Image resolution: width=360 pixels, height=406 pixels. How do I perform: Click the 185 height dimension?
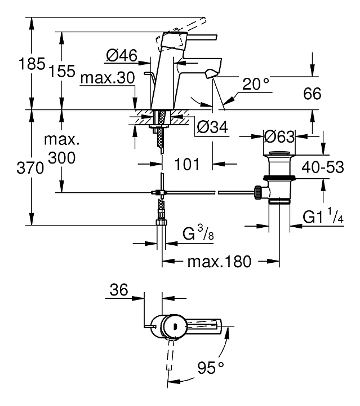32,64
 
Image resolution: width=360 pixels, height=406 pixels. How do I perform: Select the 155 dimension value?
62,71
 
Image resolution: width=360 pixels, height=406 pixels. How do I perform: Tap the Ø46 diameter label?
122,55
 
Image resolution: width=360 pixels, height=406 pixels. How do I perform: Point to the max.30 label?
108,78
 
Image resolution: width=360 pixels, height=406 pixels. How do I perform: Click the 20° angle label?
256,83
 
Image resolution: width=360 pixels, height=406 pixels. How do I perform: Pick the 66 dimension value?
312,94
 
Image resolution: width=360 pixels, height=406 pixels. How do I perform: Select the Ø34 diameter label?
212,127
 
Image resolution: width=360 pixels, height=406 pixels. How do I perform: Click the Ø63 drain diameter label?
279,136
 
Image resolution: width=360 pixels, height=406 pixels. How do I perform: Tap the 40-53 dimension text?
323,167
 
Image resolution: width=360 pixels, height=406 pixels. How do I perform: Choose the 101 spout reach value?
187,164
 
